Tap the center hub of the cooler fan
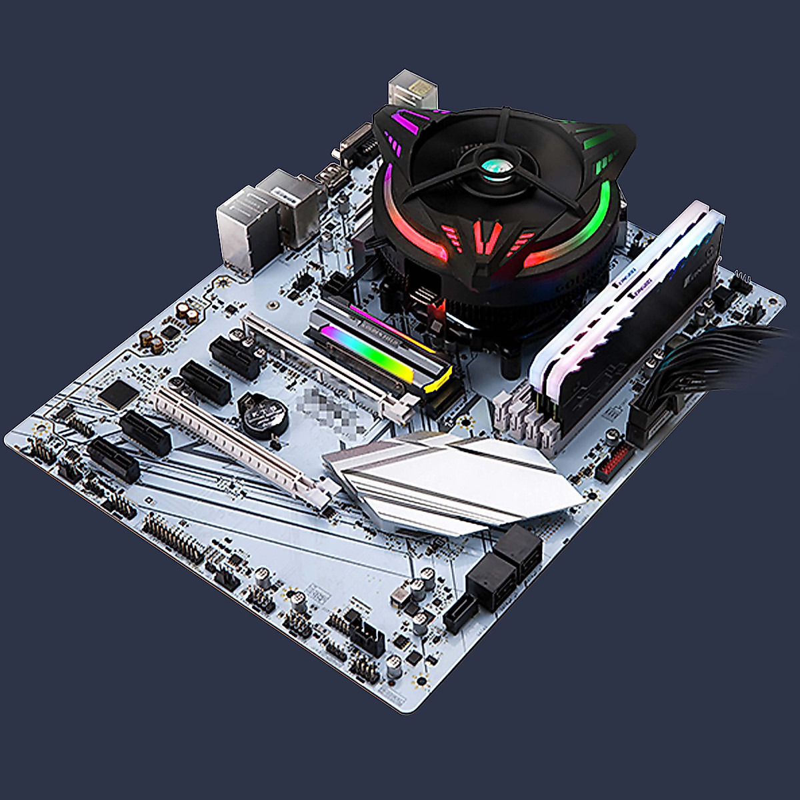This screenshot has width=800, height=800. pos(497,158)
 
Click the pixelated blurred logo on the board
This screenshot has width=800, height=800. pos(327,410)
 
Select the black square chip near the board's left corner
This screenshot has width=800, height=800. pos(119,393)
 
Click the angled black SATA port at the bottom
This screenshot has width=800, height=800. pos(460,613)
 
